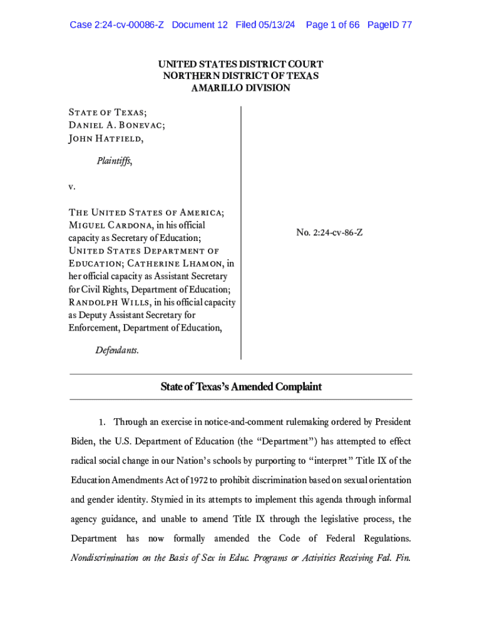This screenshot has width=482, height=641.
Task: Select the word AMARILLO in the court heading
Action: [x=216, y=88]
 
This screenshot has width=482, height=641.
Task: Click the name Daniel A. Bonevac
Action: [x=116, y=125]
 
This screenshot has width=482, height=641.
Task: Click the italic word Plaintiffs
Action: [x=113, y=162]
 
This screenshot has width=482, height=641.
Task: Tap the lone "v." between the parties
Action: [x=72, y=187]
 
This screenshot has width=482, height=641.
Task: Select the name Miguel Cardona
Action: [x=110, y=225]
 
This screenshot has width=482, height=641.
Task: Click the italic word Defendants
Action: [x=117, y=351]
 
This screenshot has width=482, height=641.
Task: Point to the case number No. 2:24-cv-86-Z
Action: [x=329, y=233]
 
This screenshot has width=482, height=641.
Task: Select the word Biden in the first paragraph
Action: [x=83, y=442]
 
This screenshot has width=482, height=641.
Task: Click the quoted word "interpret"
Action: [x=326, y=461]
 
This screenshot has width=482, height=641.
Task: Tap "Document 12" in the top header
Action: [x=200, y=25]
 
